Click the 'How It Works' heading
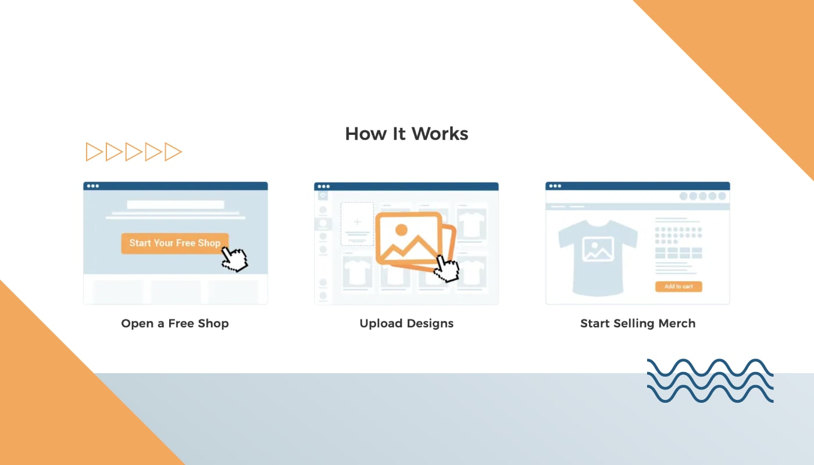tap(406, 134)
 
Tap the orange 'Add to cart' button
tap(679, 287)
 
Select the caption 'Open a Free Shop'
tap(175, 323)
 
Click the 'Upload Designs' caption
tap(406, 323)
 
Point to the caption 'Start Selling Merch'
tap(638, 323)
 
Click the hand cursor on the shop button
tap(234, 259)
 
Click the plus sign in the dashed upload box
tap(358, 221)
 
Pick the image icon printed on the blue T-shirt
tap(598, 249)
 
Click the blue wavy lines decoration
tap(710, 381)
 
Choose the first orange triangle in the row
tap(94, 152)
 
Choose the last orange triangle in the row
tap(173, 152)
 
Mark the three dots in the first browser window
tap(93, 186)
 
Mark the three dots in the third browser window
tap(555, 186)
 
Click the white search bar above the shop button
tap(176, 205)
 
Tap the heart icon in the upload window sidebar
tap(323, 196)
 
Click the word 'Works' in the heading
tap(440, 134)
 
